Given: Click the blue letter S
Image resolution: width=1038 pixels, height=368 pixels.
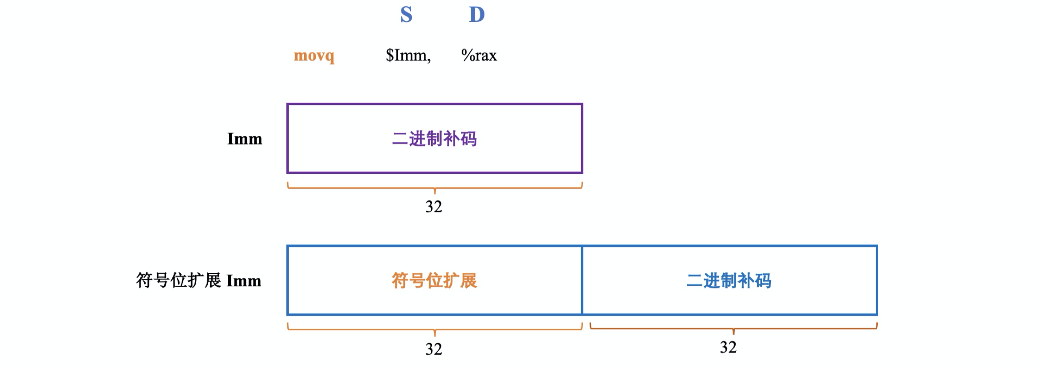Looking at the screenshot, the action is click(406, 15).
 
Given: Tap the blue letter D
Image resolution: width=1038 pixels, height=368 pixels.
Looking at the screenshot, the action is click(477, 15).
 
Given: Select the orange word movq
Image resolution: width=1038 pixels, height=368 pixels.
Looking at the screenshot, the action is click(314, 56).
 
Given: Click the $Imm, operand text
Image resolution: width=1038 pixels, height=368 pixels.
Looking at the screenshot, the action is click(408, 56).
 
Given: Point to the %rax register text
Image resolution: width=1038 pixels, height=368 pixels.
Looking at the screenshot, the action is click(479, 56).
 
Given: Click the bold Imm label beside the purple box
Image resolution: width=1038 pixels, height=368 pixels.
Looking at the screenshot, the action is click(245, 139).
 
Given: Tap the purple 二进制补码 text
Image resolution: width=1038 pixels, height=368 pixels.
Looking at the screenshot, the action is click(434, 139).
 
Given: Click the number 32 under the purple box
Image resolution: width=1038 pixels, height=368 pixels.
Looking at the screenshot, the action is click(434, 207).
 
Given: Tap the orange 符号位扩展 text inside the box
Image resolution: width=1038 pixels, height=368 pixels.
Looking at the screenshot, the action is click(434, 281).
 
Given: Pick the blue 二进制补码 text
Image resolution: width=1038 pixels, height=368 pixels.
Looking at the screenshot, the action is click(729, 281).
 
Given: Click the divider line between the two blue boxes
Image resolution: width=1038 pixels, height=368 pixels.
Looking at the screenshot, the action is click(582, 280).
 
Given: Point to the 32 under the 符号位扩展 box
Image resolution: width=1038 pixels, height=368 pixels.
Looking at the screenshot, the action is click(434, 349).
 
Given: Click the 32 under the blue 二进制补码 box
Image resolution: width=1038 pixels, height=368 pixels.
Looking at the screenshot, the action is click(728, 348).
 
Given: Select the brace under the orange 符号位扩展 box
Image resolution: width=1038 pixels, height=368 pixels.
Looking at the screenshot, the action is click(435, 329).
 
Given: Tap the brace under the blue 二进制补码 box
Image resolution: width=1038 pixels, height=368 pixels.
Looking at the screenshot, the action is click(733, 328).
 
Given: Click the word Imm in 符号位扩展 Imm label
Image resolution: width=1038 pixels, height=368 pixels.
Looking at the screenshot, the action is click(244, 281).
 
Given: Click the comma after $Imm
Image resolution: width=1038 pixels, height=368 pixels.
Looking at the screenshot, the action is click(429, 60).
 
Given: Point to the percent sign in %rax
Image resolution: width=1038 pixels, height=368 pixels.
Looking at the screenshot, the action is click(467, 56).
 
